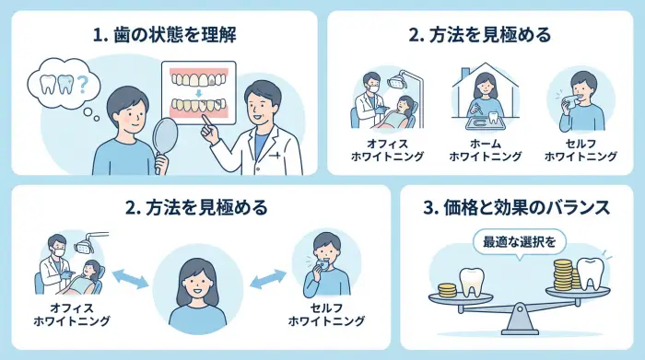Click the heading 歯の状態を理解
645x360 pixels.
tap(164, 36)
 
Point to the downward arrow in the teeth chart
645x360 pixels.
tap(198, 93)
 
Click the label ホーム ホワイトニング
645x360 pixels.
tap(486, 151)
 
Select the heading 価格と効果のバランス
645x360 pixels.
tap(517, 208)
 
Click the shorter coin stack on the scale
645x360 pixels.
tap(448, 288)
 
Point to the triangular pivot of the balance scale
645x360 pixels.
tap(519, 317)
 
